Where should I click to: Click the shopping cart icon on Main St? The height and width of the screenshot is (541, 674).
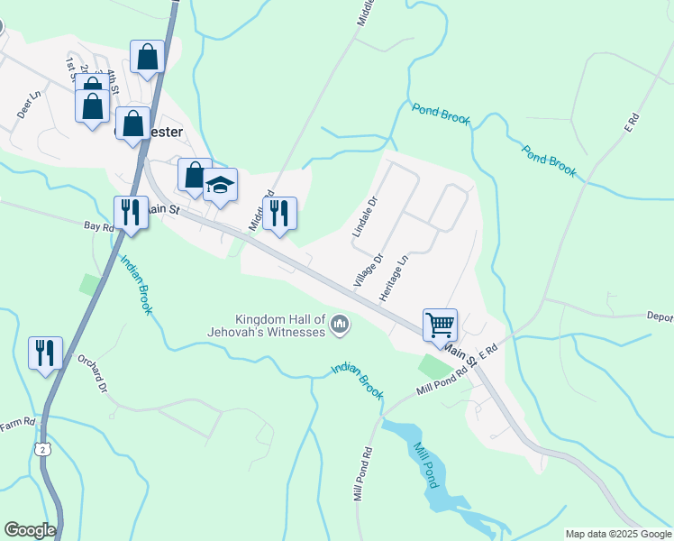440,325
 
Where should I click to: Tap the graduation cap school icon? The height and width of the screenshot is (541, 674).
219,186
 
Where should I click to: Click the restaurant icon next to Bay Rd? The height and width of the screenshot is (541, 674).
132,213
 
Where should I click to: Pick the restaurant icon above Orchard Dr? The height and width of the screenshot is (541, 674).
45,352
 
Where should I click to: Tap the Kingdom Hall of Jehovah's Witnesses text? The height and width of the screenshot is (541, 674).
279,326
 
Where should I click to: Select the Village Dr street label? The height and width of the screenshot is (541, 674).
369,270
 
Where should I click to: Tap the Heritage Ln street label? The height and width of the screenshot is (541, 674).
395,277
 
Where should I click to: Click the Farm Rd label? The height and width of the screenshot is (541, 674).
18,422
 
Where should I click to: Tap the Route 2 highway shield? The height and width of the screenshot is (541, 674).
41,448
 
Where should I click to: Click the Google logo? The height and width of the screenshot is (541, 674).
30,530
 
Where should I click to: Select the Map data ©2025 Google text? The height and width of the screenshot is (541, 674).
618,534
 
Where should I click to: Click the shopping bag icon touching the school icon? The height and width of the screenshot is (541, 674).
195,175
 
